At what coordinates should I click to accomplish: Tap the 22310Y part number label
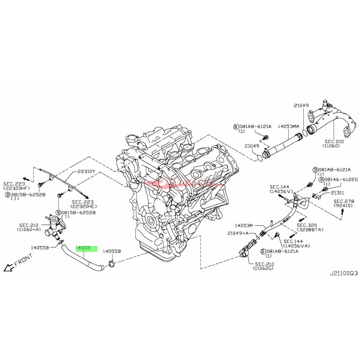pyautogui.click(x=86, y=172)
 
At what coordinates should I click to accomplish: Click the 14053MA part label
pyautogui.click(x=288, y=126)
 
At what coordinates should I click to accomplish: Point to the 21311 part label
pyautogui.click(x=337, y=192)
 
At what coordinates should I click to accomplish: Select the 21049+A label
pyautogui.click(x=238, y=233)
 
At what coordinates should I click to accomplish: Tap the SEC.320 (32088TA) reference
pyautogui.click(x=309, y=227)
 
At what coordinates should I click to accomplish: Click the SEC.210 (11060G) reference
pyautogui.click(x=265, y=266)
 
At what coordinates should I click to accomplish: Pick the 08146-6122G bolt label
pyautogui.click(x=338, y=179)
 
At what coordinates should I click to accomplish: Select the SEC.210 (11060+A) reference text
pyautogui.click(x=29, y=227)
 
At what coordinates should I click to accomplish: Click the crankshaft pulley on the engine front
pyautogui.click(x=152, y=220)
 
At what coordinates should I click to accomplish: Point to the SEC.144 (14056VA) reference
pyautogui.click(x=297, y=243)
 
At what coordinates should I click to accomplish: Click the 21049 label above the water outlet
pyautogui.click(x=301, y=105)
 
